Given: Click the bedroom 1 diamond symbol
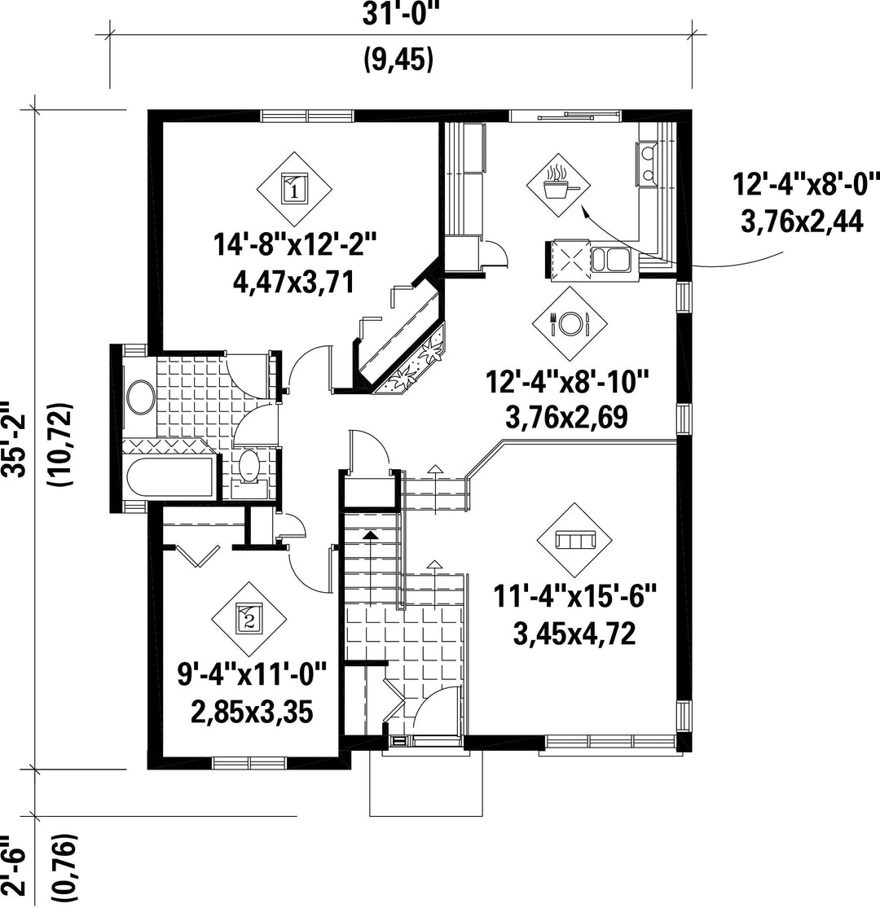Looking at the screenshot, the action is [x=294, y=190].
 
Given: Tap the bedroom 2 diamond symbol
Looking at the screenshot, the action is [x=249, y=619].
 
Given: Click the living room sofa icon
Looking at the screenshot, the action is [x=574, y=540].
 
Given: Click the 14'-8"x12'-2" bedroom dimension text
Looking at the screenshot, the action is [x=295, y=243].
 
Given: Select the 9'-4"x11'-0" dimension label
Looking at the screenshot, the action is [x=252, y=674].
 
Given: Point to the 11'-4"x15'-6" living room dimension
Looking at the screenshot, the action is [x=574, y=596].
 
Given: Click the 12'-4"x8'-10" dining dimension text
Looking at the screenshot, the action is [x=566, y=383].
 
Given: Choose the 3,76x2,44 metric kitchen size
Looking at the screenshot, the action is [x=802, y=222].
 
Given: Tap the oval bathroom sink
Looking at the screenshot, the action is [x=140, y=397].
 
